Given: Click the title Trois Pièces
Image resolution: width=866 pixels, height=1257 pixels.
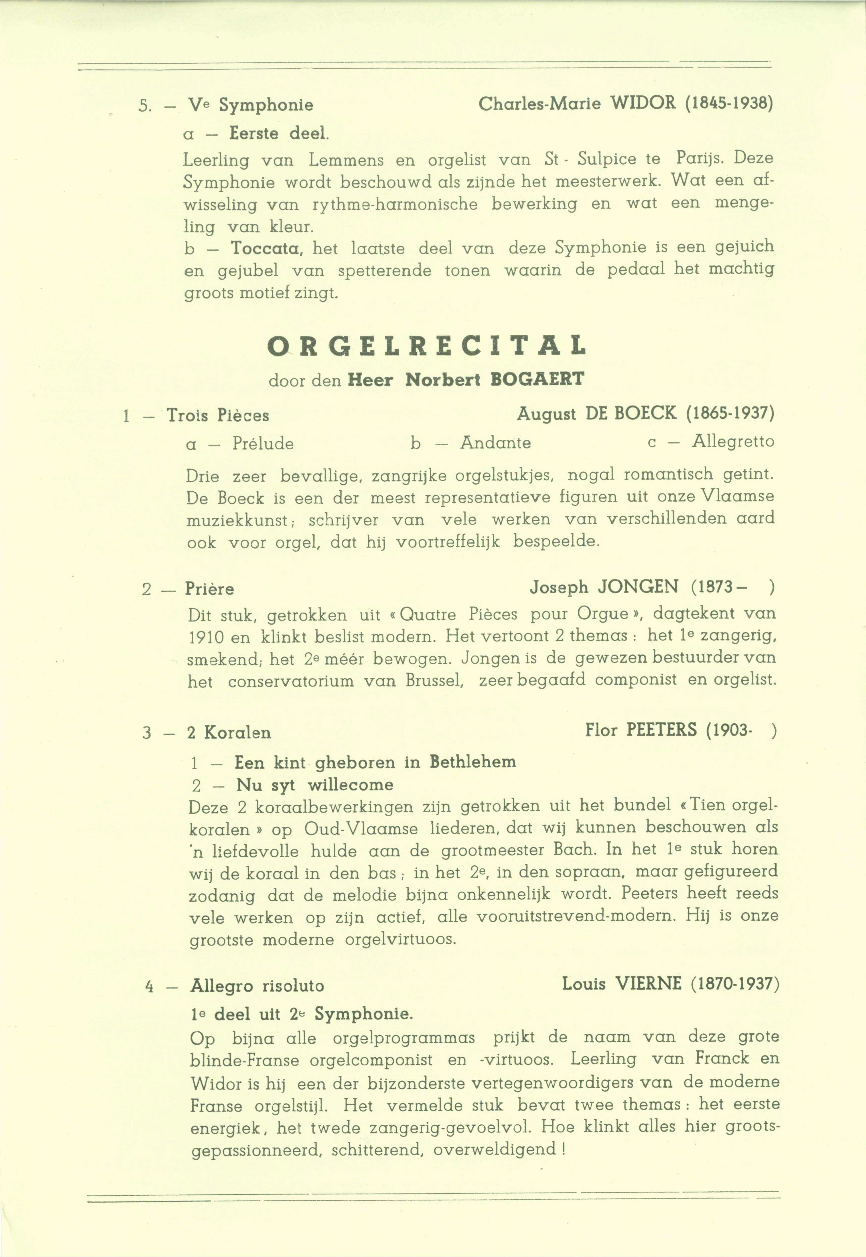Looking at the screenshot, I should (218, 416).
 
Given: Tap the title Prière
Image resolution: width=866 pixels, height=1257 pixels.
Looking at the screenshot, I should (209, 589).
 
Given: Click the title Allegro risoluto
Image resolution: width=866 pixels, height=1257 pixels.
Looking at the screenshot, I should (257, 986).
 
